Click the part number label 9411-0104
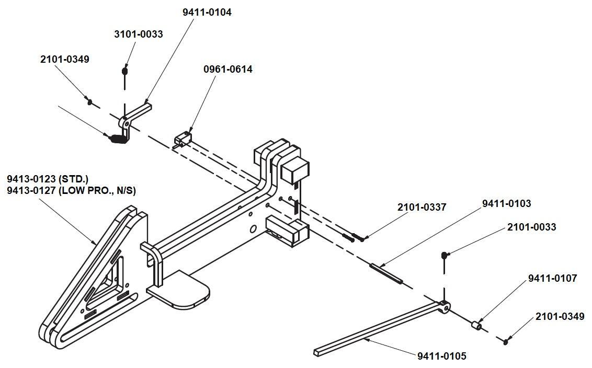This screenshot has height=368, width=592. coord(207,13)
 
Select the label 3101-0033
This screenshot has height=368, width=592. coord(138,34)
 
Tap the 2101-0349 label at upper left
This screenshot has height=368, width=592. coord(64,59)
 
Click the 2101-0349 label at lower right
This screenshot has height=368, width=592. coord(560,316)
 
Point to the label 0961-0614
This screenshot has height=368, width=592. coord(227,69)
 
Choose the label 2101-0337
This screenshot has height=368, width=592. coord(422,207)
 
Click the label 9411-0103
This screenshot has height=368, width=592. coord(506,203)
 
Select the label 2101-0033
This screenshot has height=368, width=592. coord(531,227)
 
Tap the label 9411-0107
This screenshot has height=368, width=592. coord(552,278)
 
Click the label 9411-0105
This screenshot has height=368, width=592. coord(441,356)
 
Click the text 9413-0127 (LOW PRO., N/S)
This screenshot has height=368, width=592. coord(71,191)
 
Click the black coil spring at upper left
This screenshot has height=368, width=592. coord(117,139)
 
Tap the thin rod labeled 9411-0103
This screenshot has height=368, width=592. coord(386,274)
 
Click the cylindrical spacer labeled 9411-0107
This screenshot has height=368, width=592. coord(476,326)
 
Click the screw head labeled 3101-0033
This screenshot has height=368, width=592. coord(124,70)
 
